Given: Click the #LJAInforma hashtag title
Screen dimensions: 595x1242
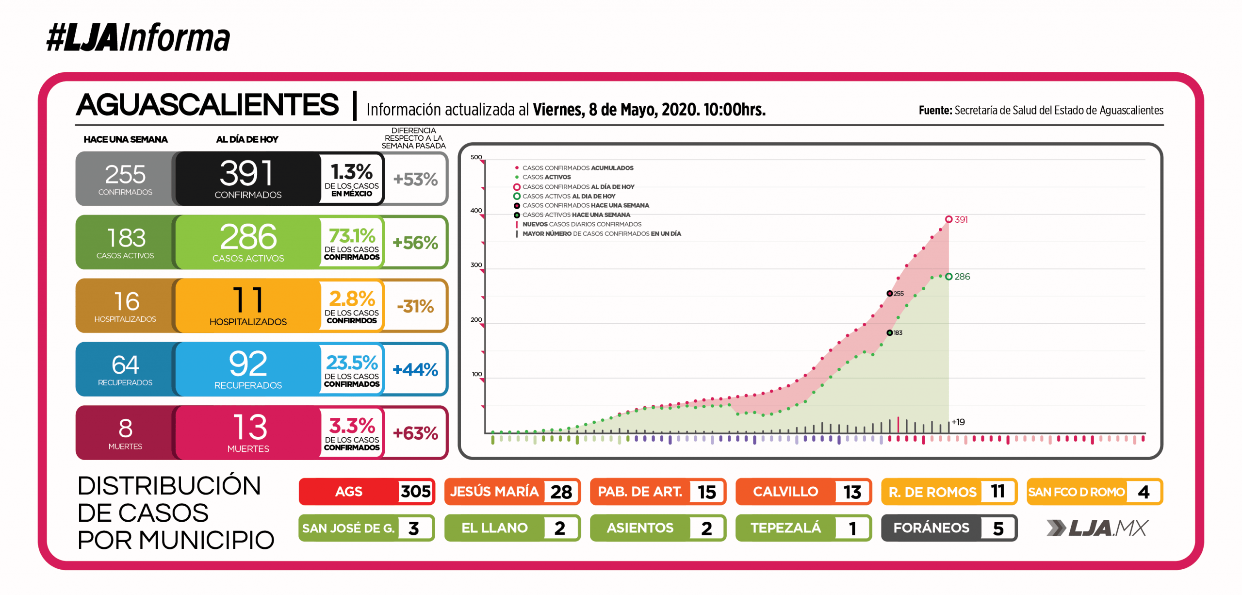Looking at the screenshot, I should [x=138, y=38].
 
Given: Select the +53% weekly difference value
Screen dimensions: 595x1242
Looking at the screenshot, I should [x=415, y=180].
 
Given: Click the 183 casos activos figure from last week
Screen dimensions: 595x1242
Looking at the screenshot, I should [x=126, y=238].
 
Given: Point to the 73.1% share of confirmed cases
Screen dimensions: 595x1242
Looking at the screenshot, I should [x=352, y=236].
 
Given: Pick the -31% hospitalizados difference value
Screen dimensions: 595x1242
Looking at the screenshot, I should [x=415, y=306].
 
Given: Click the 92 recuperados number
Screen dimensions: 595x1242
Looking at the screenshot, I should [x=248, y=364].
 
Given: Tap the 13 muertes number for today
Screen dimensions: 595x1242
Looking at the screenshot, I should [x=249, y=427].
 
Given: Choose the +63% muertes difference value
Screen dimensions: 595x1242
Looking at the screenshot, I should [x=415, y=433].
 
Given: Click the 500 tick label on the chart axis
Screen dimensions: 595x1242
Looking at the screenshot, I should [x=476, y=157].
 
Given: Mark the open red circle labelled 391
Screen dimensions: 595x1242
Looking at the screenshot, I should [x=948, y=219].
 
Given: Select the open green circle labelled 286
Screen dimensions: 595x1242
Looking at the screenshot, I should [x=948, y=277].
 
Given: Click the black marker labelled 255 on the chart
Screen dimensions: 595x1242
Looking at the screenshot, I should [x=889, y=294].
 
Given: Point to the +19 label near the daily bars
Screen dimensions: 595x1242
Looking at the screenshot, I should [x=958, y=422].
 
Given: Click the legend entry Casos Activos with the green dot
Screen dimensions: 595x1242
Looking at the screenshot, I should [x=546, y=177].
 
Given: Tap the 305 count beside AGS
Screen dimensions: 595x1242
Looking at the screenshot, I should [x=415, y=492].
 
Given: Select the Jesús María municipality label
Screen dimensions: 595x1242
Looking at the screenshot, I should [x=494, y=492].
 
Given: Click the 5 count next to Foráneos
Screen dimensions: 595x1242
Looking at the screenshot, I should [x=998, y=529].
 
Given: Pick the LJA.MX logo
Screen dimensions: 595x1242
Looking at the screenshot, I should [x=1097, y=528].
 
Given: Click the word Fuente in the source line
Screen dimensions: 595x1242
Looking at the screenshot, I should [x=935, y=111].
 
